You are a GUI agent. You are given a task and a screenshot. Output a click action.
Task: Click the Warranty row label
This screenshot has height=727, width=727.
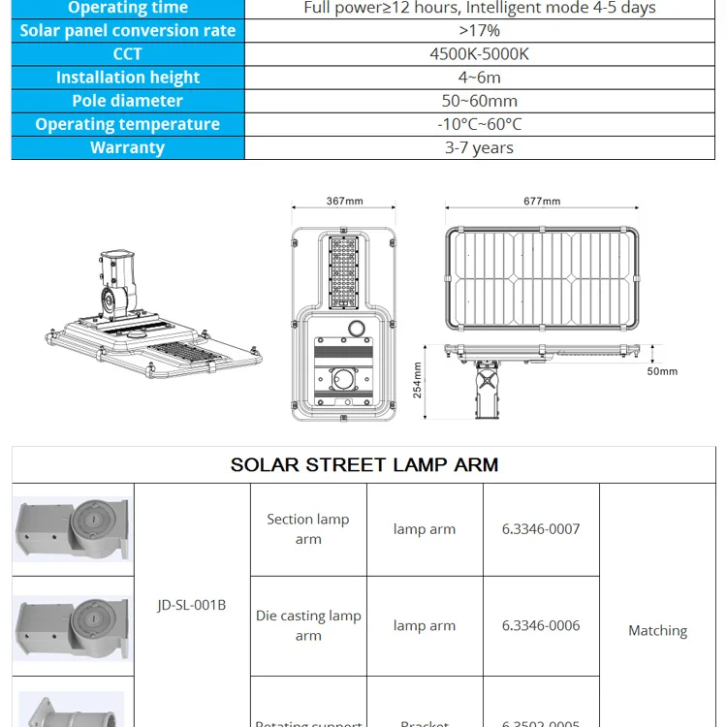pos(127,147)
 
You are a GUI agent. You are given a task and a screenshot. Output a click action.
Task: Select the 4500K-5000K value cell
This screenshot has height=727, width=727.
pos(479,54)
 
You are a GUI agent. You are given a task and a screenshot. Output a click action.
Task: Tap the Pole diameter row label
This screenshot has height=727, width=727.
pos(127,101)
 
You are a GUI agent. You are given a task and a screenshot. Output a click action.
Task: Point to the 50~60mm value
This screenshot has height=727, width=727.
pos(479,101)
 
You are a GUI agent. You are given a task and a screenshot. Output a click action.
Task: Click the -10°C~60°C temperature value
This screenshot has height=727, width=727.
pos(479,124)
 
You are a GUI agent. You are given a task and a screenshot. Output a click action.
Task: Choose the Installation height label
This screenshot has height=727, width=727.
pos(127,78)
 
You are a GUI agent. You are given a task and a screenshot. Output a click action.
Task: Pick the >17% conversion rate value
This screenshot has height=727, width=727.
pos(479,31)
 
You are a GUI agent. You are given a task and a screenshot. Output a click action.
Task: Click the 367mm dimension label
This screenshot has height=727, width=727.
pos(344,202)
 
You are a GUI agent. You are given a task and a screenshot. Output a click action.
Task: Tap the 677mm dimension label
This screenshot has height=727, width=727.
pos(542,202)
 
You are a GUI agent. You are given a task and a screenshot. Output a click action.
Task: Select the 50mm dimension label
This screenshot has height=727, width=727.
pos(663,371)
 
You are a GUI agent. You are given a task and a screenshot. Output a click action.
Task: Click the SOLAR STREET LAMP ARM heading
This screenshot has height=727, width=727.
pos(364,464)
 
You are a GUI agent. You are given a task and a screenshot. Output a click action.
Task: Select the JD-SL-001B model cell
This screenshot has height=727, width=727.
pos(191,605)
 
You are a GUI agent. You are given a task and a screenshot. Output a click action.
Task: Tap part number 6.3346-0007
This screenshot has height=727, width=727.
pos(541,529)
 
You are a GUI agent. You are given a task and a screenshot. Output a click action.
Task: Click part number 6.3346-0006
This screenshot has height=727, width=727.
pos(541,625)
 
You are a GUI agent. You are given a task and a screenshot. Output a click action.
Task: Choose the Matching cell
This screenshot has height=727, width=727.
pos(657,630)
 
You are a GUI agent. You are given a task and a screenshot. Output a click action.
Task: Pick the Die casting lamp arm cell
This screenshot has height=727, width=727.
pos(308,625)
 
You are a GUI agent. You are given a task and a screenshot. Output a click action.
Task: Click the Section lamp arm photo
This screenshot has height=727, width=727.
pos(72,529)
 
